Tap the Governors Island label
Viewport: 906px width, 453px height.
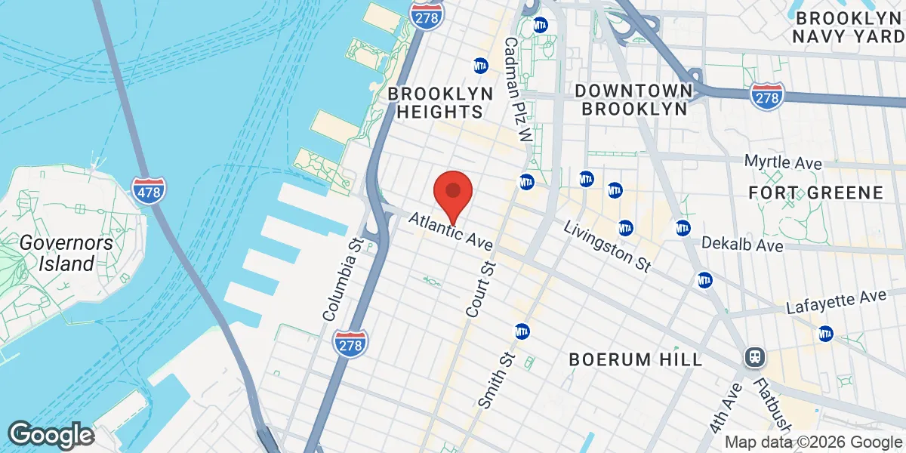pos(66,253)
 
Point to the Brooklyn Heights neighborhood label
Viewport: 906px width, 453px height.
pos(441,102)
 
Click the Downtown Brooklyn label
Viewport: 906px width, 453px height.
pos(633,100)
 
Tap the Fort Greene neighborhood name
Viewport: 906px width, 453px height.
pos(815,193)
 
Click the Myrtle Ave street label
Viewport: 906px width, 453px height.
pos(783,162)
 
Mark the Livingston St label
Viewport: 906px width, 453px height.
pos(606,247)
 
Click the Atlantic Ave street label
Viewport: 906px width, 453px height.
pos(451,231)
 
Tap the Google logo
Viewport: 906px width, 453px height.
pos(51,436)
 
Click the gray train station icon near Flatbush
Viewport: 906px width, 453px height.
pos(753,357)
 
